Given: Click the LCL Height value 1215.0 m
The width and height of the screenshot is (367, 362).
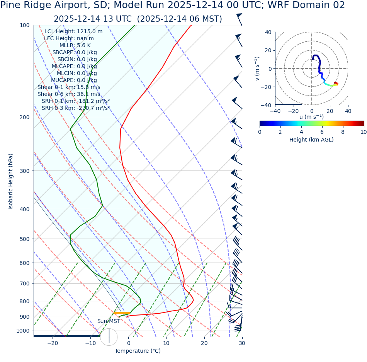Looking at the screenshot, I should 90,31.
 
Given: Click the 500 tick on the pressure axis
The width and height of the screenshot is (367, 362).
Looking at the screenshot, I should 24,239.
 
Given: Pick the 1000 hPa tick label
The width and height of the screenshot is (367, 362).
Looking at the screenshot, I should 23,331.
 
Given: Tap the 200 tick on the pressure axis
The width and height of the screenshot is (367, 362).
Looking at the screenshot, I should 24,117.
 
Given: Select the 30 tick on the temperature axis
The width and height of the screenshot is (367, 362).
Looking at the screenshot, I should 242,343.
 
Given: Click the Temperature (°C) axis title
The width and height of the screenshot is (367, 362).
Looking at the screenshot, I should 138,351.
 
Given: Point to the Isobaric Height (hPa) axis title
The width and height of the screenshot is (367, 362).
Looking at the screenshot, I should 11,181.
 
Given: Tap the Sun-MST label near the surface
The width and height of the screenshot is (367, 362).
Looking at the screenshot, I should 109,321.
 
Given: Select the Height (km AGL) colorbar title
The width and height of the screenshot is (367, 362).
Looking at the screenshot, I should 311,140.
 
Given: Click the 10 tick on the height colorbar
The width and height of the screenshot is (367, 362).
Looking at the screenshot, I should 364,132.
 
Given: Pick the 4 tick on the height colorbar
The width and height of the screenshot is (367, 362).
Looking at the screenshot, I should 301,132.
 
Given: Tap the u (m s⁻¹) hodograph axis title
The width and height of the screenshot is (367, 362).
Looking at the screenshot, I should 311,117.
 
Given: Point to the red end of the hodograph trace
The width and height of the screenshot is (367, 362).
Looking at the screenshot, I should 336,83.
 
